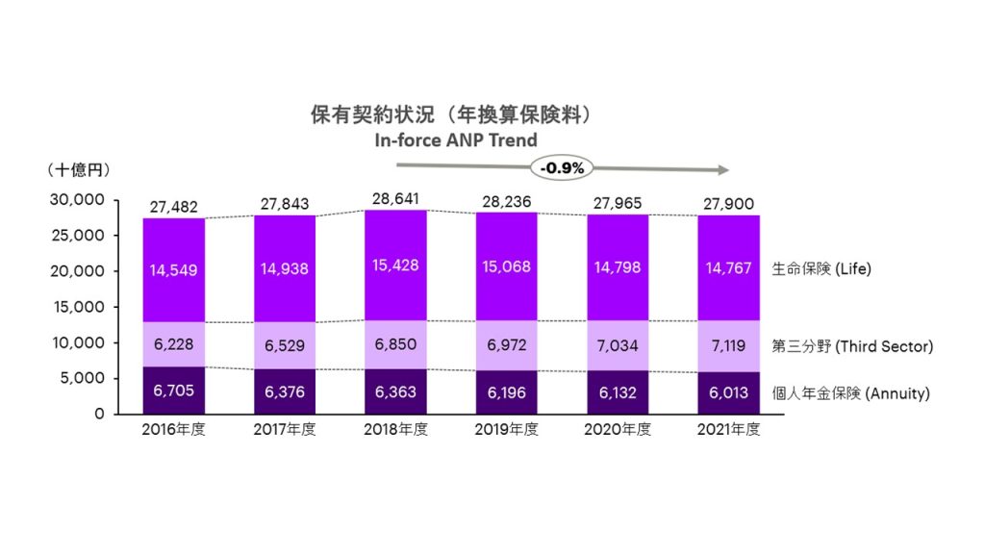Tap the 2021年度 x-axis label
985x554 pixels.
728,430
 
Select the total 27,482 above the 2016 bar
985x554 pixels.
174,208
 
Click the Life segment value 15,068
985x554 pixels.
507,266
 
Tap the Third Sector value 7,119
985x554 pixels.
728,345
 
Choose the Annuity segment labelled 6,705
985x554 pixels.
174,390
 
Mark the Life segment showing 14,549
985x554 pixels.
174,270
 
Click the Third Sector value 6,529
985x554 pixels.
285,345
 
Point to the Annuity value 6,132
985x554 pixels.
618,392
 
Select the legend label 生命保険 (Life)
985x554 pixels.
821,269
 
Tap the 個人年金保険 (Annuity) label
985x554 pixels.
851,393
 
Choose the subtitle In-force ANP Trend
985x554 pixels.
456,140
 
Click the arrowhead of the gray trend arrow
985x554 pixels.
720,171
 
